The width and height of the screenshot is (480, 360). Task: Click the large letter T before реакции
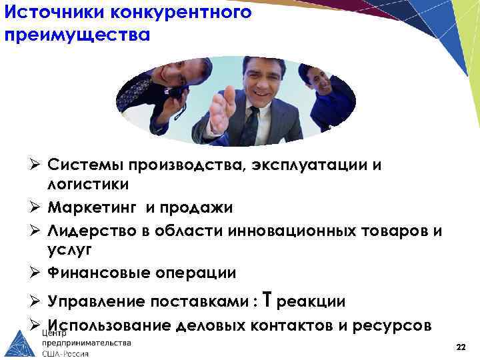pos(267,301)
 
